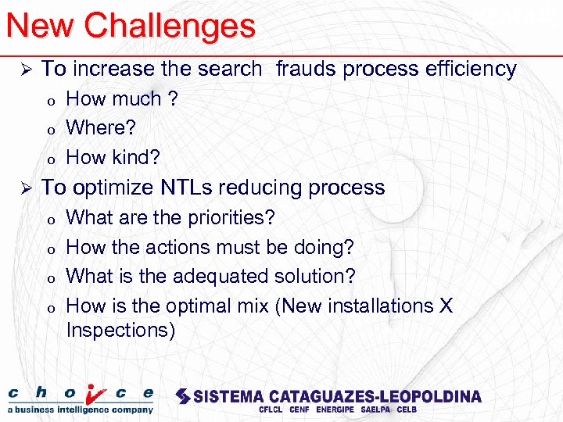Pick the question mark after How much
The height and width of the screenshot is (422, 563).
click(x=173, y=99)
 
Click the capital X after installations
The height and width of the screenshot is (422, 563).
click(x=445, y=306)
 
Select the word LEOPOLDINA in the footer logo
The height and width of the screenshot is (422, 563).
click(x=429, y=396)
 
